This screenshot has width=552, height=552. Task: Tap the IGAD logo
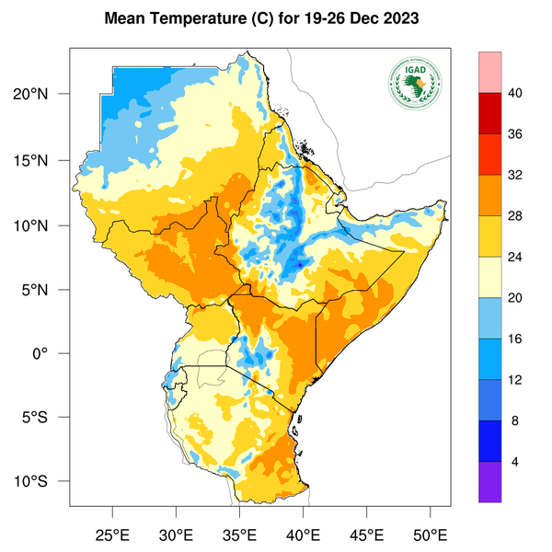tap(414, 83)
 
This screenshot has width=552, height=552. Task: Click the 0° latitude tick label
tap(53, 354)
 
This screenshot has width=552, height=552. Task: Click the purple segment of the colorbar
tap(489, 482)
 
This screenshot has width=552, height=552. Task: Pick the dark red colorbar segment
tap(489, 113)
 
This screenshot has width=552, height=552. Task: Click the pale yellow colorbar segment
tap(489, 277)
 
